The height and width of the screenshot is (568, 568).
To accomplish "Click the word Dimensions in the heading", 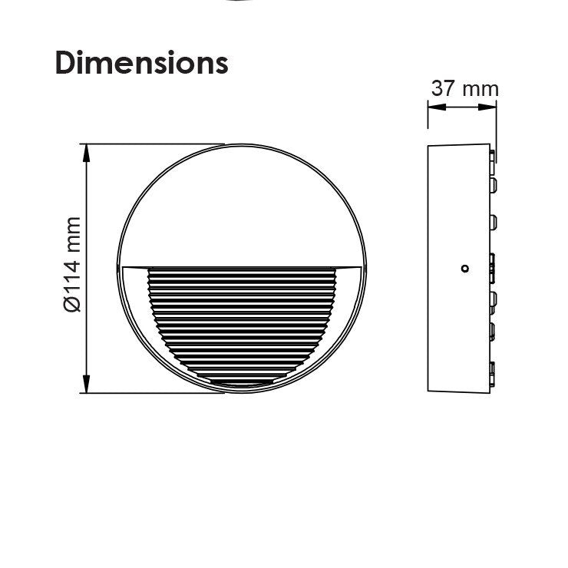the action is point(142,63).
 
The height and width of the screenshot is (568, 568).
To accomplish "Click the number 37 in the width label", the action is point(443,88).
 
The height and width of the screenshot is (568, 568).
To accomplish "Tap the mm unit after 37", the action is point(480,91).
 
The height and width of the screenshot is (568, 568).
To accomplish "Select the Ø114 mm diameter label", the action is point(72,264).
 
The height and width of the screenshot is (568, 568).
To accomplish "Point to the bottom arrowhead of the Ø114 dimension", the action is point(86,384).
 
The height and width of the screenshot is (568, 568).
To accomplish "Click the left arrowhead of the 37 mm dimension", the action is point(437,107).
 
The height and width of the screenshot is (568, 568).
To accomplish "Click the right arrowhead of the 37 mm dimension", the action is point(487,107).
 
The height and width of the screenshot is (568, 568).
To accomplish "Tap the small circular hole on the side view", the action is point(464,269).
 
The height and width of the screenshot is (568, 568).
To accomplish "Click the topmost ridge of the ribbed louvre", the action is point(242,270).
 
